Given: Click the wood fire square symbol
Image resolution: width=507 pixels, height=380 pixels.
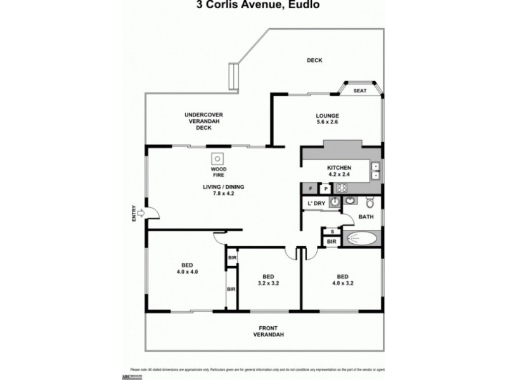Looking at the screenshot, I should tap(217, 158).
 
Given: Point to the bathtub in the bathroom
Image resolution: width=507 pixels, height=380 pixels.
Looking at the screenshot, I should tap(363, 239).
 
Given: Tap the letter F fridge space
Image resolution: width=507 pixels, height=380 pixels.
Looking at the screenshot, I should tap(311, 188).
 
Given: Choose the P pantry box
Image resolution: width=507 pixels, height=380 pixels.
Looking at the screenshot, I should tap(325, 188).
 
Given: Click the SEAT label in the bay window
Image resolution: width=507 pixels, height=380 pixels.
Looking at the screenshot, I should tap(360, 91).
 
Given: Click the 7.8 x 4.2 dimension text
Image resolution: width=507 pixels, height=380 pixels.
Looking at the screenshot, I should tap(223, 194).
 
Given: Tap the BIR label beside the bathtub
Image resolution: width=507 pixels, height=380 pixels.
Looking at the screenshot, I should tap(331, 241).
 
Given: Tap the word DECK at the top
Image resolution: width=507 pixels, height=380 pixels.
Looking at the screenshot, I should tap(315, 61).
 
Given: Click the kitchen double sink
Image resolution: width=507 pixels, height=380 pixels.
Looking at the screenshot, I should tap(375, 171).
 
